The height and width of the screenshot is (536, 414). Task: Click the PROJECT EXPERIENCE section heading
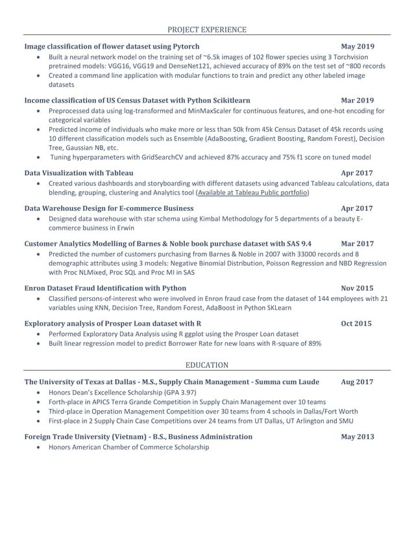(207, 29)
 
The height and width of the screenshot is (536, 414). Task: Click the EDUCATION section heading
(207, 365)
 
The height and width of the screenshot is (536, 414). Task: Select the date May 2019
(357, 47)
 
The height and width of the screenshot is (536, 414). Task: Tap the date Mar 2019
(357, 101)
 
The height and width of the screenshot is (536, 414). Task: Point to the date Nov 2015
(357, 287)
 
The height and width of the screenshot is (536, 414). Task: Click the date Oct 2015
(357, 323)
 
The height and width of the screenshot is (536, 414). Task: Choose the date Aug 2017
(357, 382)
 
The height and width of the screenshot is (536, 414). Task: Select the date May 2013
(357, 437)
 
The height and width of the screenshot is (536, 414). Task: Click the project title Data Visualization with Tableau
(79, 173)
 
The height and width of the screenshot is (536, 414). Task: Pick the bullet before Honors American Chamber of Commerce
(40, 448)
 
